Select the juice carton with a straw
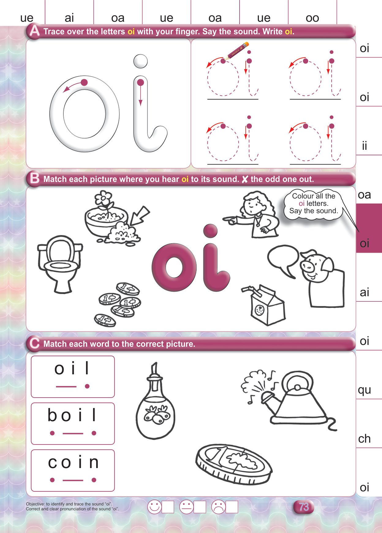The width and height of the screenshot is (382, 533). point(264,305)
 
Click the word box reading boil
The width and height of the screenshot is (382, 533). point(73,423)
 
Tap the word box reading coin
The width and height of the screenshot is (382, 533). point(73,471)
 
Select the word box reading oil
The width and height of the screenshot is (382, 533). point(73,377)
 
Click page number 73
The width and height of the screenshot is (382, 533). point(304,507)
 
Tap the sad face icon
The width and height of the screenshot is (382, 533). point(218,507)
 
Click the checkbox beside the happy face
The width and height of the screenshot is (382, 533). point(168,507)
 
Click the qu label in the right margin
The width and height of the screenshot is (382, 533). point(365,390)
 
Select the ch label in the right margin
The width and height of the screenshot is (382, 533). point(365,439)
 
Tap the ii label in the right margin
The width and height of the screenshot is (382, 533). point(365,146)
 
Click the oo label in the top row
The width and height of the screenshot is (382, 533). point(312,18)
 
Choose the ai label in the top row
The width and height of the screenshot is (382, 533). point(69,18)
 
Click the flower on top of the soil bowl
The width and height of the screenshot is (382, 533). point(104,198)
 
